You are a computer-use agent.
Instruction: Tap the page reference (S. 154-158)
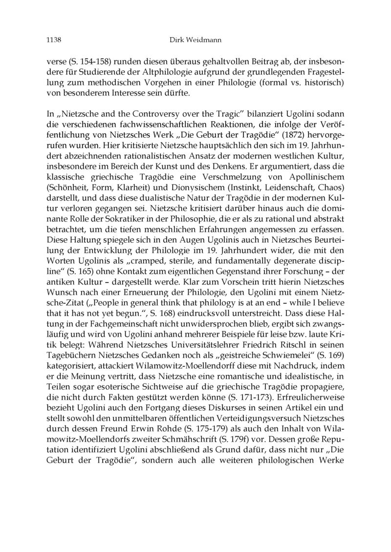[x=84, y=62]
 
